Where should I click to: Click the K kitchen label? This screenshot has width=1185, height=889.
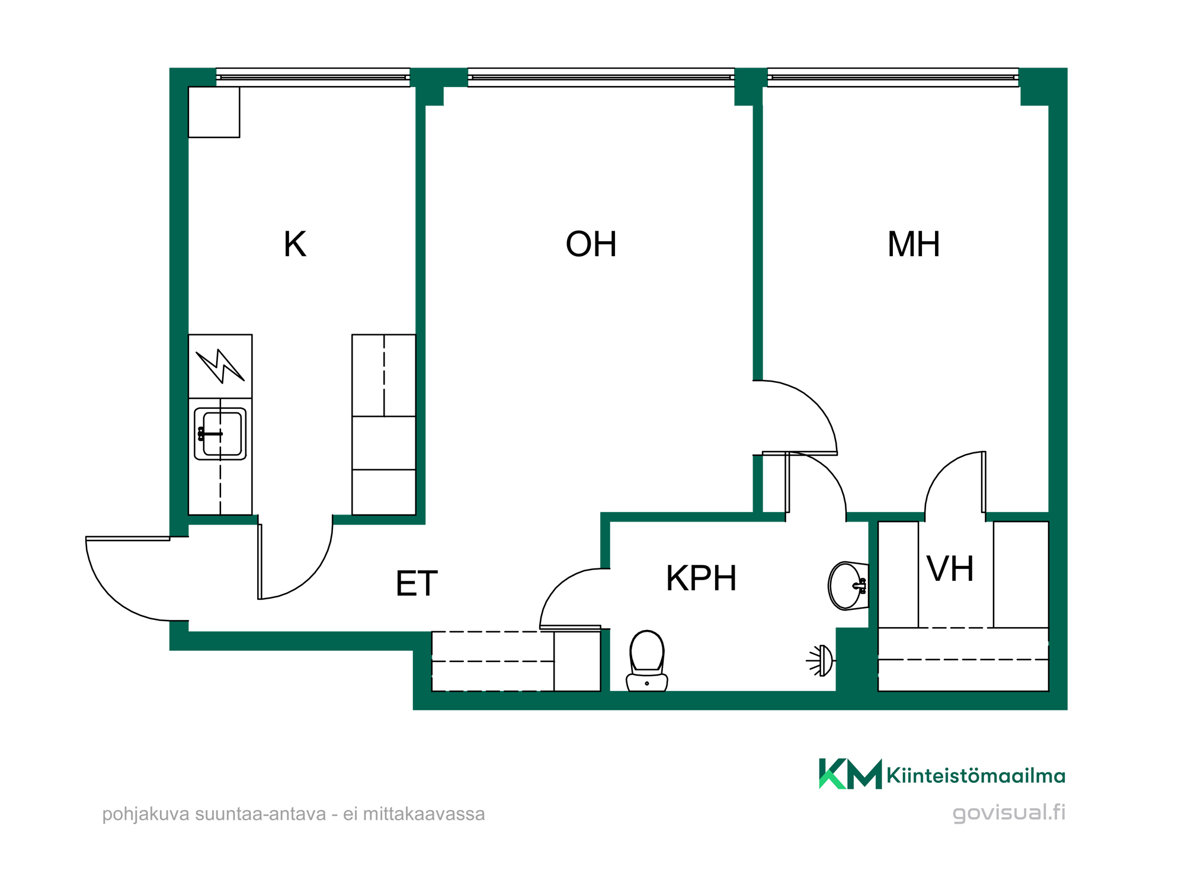tap(295, 244)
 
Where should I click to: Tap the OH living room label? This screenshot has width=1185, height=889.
tap(591, 244)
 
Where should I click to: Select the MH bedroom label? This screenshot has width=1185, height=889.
tap(914, 244)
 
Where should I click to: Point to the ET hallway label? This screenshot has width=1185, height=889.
tap(417, 583)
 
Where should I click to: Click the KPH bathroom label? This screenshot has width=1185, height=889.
tap(702, 578)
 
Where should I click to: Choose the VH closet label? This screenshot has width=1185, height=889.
tap(950, 569)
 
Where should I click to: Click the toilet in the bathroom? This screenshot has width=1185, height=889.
tap(647, 661)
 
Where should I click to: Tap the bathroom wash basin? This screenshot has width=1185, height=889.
tap(848, 586)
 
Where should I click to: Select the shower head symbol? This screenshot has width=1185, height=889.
tap(821, 660)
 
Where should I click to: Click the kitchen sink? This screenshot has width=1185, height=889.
tap(220, 434)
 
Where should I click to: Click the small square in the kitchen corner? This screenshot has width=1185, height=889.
tap(214, 112)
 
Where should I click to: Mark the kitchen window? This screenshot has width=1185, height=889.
tap(313, 78)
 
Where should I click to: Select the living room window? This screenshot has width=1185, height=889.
tap(601, 78)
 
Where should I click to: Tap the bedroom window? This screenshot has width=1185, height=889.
tap(893, 78)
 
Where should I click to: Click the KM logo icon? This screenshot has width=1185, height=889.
tap(850, 774)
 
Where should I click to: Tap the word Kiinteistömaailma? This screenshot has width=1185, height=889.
tap(976, 776)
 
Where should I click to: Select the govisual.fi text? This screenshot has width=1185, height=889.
tap(1009, 813)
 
